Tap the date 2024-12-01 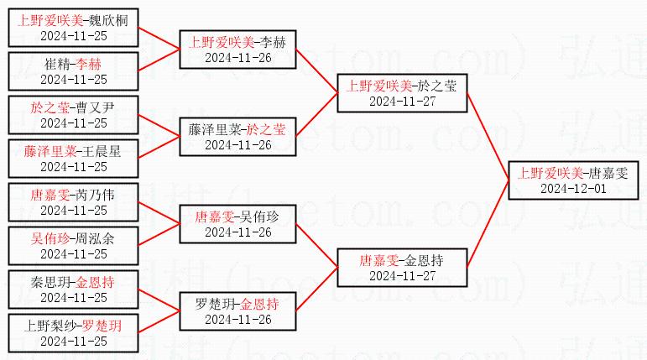[573, 189]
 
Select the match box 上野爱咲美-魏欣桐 [74, 27]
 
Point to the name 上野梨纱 [49, 326]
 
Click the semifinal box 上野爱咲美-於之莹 [401, 92]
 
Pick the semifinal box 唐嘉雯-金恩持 [401, 268]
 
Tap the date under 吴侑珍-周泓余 [74, 253]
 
